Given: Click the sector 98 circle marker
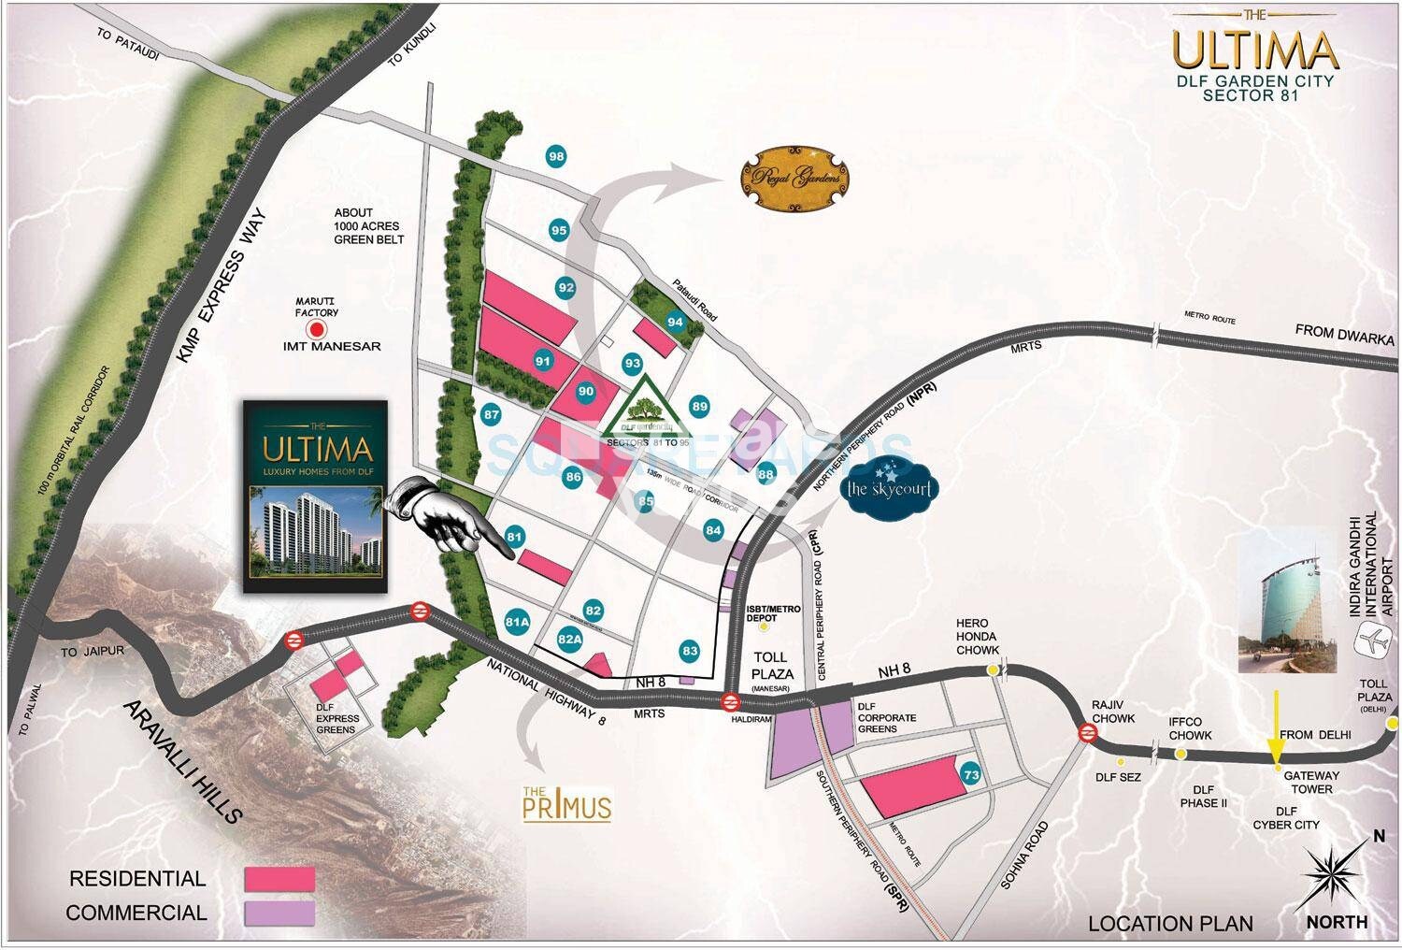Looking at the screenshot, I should pos(557,157).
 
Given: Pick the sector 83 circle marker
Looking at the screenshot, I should pos(691,651).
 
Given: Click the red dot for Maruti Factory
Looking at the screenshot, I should pos(318,329).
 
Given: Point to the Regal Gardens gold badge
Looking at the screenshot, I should pos(796,178).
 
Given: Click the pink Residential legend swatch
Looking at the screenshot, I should pos(279,879).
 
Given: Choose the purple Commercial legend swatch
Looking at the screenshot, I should pos(279,912).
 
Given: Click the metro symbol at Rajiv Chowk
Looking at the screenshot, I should pos(1087,733).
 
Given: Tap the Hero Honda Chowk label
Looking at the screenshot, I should pos(978,636).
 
